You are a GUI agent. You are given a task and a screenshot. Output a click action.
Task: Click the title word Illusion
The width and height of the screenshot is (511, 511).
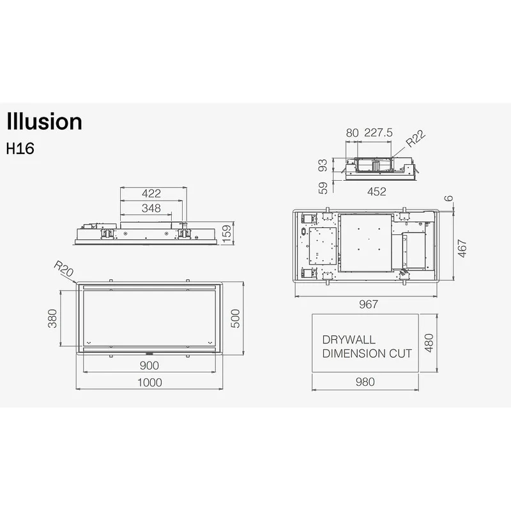coord(44,121)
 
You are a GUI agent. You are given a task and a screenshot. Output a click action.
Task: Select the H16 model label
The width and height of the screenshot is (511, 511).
coord(20,149)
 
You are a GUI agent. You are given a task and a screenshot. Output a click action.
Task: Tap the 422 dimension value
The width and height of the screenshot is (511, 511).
coord(151,194)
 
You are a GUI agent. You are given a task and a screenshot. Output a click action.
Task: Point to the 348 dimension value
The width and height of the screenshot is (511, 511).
coord(151,208)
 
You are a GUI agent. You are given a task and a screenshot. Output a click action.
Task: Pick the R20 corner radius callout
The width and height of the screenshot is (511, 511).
coord(63,268)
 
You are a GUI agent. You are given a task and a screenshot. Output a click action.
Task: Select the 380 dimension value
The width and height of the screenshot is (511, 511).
coord(52,318)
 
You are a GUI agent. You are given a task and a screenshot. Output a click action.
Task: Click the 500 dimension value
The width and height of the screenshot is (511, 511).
coord(235,318)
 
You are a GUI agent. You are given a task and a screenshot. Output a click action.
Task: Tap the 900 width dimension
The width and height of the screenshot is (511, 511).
coord(149,365)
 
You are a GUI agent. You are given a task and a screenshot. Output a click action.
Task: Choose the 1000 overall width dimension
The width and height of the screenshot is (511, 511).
coord(149,382)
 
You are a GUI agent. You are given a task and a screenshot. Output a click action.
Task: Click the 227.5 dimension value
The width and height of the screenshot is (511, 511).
coord(378,133)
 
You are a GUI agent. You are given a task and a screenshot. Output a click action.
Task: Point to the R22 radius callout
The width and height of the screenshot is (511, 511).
coord(416,139)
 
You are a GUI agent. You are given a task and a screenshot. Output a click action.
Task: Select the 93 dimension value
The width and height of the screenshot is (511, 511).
coord(323,165)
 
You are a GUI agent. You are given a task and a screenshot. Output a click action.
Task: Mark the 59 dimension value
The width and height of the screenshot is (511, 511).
coord(323,188)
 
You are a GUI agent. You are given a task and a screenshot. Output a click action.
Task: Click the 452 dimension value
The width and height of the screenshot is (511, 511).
coord(377,191)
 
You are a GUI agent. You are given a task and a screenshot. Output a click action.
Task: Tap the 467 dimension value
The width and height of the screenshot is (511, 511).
coord(462,248)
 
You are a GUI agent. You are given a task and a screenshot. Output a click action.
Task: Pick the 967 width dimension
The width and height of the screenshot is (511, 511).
coord(369,304)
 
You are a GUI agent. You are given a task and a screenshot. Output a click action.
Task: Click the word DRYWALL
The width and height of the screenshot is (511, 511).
coord(349,340)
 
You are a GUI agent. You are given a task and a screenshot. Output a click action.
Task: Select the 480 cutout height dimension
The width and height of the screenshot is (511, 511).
coord(429,343)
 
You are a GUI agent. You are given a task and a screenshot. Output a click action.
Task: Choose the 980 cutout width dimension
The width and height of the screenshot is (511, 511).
coord(365,381)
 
